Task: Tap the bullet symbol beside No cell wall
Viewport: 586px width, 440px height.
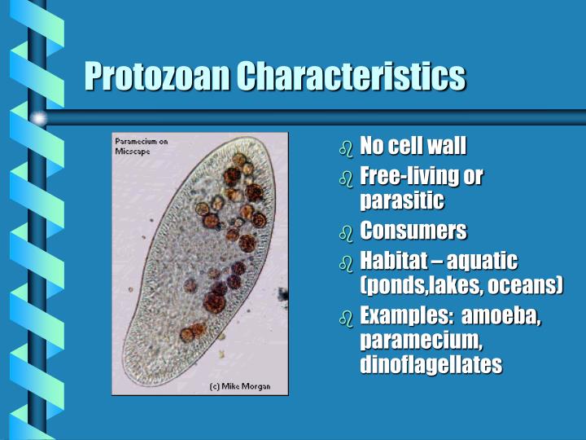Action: tap(346, 149)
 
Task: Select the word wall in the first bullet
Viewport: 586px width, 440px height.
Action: tap(447, 147)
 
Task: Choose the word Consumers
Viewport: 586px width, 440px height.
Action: tap(413, 231)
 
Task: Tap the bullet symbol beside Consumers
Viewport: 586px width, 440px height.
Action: tap(346, 233)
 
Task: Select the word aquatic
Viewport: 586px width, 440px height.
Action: tap(483, 261)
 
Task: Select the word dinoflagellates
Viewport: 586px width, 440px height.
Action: tap(430, 365)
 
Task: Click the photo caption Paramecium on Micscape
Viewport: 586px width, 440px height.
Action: tap(141, 146)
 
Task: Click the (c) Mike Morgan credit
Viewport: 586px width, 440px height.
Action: tap(239, 385)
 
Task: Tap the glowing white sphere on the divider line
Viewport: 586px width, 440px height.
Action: tap(38, 117)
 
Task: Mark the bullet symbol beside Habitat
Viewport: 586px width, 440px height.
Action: tap(346, 262)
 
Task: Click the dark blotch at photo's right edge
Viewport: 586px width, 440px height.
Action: tap(282, 293)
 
